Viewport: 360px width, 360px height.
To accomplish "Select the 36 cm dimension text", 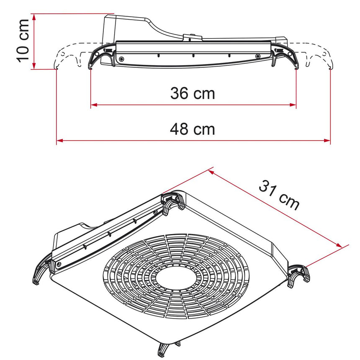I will [193, 93].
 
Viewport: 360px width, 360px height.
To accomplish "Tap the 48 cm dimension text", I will [193, 129].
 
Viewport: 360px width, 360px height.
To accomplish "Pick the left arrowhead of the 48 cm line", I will [59, 141].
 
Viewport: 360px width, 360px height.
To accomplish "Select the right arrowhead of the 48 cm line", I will [327, 141].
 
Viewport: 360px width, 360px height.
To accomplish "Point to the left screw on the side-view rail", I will [121, 59].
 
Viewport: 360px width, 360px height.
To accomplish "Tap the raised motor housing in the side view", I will [126, 27].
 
